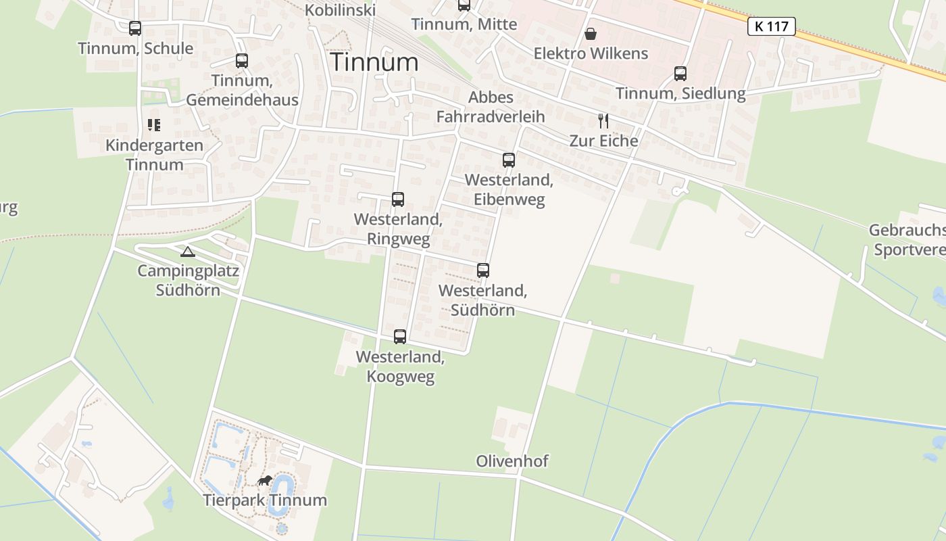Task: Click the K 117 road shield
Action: coord(771,26)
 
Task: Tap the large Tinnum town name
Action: coord(374,62)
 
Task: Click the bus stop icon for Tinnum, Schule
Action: coord(135,28)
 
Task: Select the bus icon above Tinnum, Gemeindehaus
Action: coord(242,60)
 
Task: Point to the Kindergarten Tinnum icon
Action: coord(154,125)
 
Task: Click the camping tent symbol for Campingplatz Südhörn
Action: coord(188,252)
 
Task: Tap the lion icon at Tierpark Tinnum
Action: coord(264,481)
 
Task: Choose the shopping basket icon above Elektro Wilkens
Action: coord(591,34)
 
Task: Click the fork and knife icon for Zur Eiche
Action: coord(603,121)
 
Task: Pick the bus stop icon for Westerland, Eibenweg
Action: coord(509,160)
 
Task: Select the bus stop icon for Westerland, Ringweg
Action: coord(398,199)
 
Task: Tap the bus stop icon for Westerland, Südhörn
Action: coord(483,270)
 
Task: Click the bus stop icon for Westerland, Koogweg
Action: coord(400,337)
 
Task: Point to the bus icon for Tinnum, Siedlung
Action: coord(680,74)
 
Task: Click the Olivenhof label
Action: coord(512,461)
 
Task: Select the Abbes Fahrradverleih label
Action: coord(491,107)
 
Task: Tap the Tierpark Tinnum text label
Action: coord(265,500)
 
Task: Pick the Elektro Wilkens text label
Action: coord(591,53)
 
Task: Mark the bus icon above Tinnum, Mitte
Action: coord(464,5)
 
